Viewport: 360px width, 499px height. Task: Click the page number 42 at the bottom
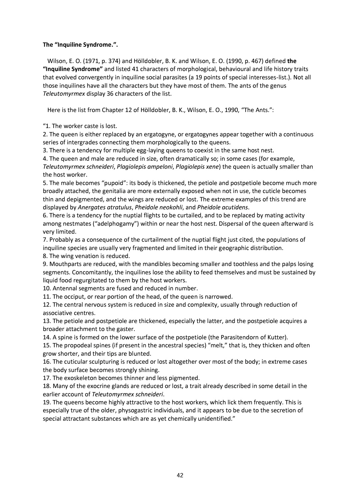click(x=180, y=475)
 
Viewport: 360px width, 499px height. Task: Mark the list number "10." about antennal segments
click(x=47, y=288)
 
